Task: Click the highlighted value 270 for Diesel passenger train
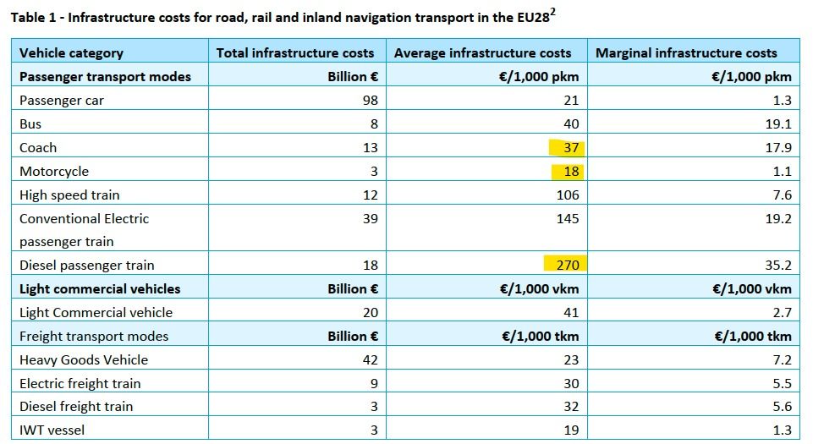[567, 265]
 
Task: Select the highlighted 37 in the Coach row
[571, 148]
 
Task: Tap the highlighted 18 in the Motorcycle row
[571, 172]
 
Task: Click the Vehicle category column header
[71, 52]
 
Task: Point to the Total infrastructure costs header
[294, 52]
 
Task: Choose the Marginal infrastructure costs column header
[686, 52]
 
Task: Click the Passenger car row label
[62, 100]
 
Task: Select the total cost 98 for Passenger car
[370, 100]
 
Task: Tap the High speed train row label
[69, 195]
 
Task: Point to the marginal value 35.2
[777, 265]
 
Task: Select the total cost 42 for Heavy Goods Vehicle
[370, 359]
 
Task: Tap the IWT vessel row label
[52, 430]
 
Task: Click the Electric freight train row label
[80, 383]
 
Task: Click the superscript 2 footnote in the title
[553, 12]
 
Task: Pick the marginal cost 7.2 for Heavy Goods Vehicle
[782, 359]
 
